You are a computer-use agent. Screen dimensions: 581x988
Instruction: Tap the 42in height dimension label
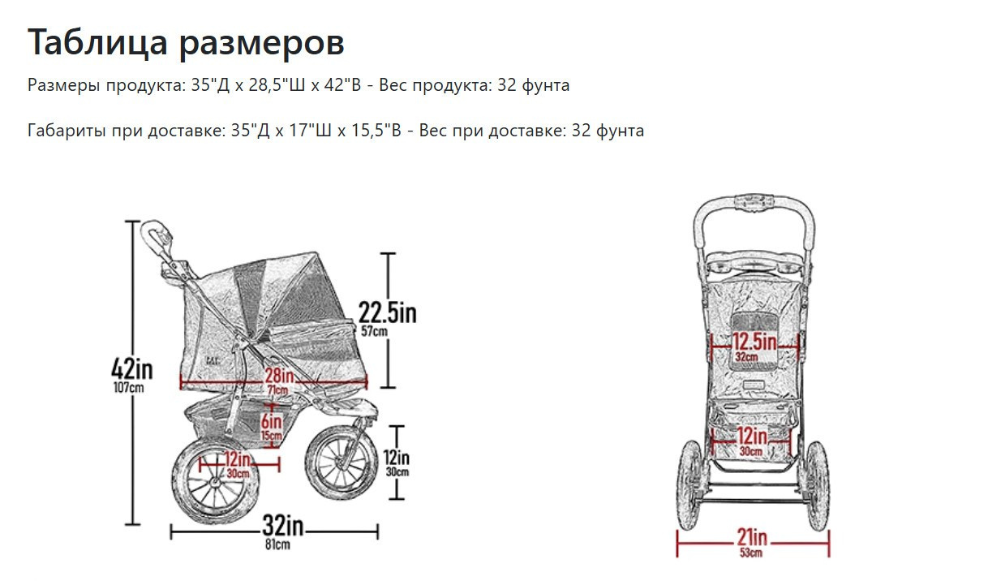click(131, 369)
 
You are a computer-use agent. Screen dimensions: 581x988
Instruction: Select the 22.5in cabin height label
click(387, 312)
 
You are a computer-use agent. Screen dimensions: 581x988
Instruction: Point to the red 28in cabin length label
click(278, 376)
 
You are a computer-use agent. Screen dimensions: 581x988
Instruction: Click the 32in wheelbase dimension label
click(282, 527)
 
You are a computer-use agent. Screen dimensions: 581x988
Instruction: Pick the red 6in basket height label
click(271, 422)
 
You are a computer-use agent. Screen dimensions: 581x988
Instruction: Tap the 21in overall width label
click(751, 537)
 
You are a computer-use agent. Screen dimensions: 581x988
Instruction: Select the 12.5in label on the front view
click(754, 341)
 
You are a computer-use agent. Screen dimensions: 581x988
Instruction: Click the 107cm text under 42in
click(129, 388)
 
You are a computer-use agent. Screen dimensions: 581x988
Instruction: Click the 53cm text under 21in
click(751, 553)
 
